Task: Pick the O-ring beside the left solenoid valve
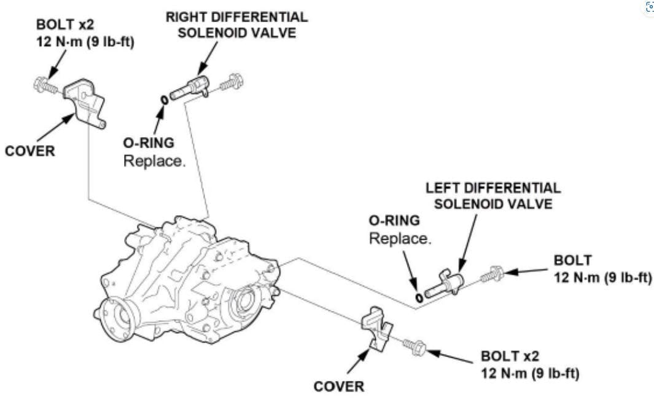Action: coord(419,297)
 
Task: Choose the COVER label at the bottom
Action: coord(339,387)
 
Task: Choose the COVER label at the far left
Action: coord(30,151)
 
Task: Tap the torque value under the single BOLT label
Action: coord(602,277)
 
